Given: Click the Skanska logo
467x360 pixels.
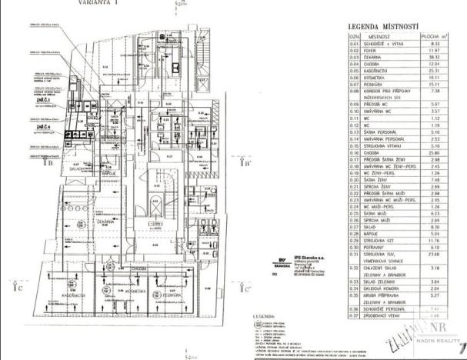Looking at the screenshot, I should [x=282, y=259].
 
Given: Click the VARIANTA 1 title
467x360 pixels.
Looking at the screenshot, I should [x=98, y=4].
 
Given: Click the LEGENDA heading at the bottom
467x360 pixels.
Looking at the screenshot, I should [x=258, y=317].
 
